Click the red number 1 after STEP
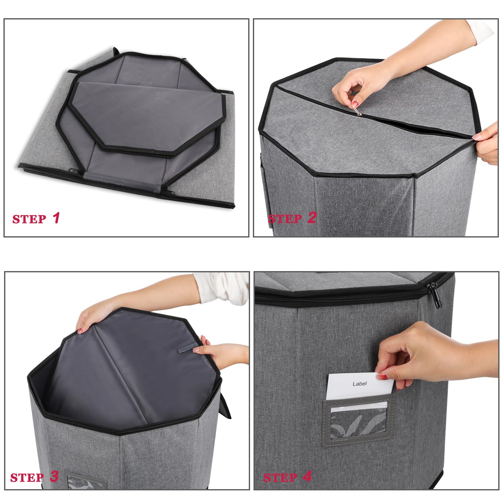(x=56, y=218)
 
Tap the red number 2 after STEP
(x=312, y=218)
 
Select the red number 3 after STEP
(x=54, y=476)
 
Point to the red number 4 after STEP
(x=307, y=477)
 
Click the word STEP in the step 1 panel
(x=29, y=219)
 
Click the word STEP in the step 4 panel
(x=280, y=478)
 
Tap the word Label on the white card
(x=360, y=383)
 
